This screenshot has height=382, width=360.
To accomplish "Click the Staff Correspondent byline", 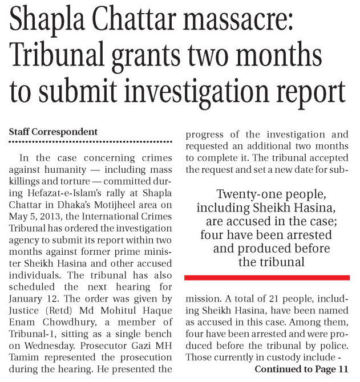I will click(53, 132).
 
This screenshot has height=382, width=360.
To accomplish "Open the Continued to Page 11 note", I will click(301, 369).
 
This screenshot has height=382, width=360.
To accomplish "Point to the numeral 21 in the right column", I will click(257, 307).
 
